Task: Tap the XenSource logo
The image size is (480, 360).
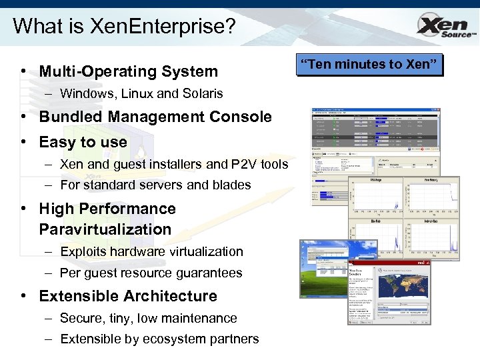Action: coord(445,27)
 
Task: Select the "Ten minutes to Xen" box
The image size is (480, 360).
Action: coord(371,65)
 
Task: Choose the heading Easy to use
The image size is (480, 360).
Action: coord(83,142)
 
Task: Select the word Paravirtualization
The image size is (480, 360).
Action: coord(105,229)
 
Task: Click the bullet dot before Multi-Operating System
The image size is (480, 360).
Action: coord(23,71)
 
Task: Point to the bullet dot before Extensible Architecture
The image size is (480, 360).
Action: coord(23,296)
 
